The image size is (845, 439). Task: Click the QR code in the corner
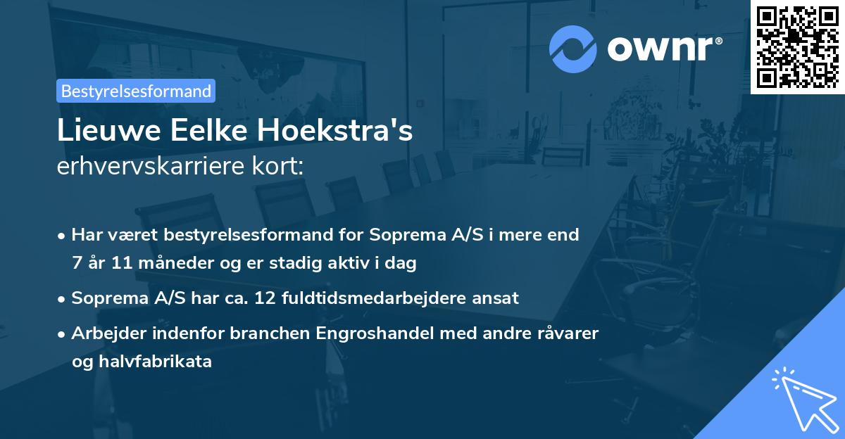797,47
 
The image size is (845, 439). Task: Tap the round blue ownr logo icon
573,49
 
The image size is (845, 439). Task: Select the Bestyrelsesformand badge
136,91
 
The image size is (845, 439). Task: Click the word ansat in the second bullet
498,298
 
